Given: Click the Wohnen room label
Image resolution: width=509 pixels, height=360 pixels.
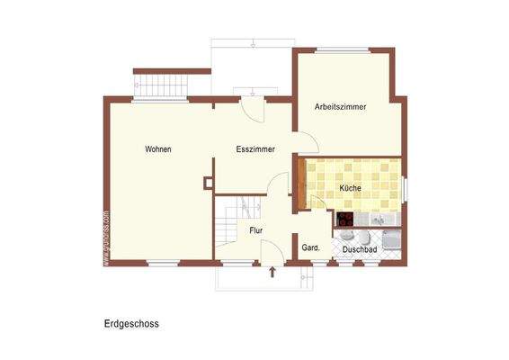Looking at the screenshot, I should point(157,149).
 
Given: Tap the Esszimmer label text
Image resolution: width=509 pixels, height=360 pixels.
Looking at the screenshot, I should point(255,149).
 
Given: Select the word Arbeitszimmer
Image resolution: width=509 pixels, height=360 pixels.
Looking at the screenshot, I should point(340,107).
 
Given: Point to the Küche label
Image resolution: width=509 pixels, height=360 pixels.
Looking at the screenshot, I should point(351,188).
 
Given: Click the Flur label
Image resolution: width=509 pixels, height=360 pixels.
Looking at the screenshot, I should point(257,230).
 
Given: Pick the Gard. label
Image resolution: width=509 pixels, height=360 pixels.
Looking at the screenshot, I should point(311,247).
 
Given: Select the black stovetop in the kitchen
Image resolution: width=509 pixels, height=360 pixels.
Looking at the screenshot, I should point(344,218).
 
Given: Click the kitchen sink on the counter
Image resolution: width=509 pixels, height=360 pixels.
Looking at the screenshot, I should point(379,219).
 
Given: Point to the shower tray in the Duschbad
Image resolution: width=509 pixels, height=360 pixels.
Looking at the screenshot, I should point(391,239).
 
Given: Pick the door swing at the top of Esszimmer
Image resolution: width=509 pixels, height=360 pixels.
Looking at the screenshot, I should point(254,111).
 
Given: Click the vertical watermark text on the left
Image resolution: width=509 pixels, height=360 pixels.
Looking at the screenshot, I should point(106,238).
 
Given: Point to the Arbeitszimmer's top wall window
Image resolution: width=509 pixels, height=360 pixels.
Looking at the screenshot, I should point(341,49).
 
